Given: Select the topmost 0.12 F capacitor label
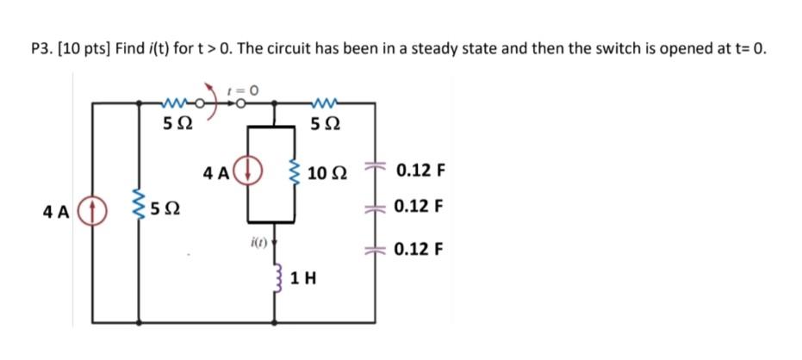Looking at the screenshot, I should tap(420, 170).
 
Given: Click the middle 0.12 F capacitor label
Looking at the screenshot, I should tap(420, 208).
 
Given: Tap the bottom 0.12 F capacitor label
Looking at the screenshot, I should tap(420, 251).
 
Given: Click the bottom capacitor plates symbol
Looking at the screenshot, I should tap(375, 251).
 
